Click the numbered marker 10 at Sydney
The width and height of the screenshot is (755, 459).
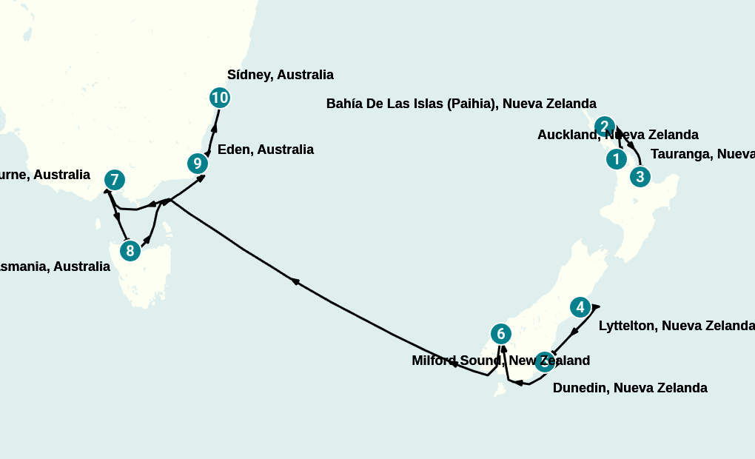tap(219, 97)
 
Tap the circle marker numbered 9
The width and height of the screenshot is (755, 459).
tap(196, 164)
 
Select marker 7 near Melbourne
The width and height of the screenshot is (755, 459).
tap(114, 179)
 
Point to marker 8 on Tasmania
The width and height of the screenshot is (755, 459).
tap(130, 251)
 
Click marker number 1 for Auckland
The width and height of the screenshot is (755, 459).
tap(615, 158)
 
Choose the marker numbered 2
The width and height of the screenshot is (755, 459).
tap(605, 126)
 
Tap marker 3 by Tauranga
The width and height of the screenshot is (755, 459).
tap(640, 177)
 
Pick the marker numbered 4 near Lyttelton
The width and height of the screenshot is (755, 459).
tap(580, 306)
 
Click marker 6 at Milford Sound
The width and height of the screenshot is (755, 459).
tap(501, 334)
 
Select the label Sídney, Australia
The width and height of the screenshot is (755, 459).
tap(280, 75)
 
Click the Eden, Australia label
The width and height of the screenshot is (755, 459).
tap(265, 150)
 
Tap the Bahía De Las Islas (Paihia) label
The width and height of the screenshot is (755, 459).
tap(460, 104)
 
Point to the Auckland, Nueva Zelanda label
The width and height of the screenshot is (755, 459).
tap(617, 135)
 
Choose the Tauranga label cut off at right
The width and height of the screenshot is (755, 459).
tap(702, 154)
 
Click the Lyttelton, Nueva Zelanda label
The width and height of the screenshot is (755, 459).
tap(676, 326)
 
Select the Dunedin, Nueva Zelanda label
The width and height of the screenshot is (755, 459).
tap(629, 388)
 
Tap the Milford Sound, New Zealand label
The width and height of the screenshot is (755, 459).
tap(500, 361)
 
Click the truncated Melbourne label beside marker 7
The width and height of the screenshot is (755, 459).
tap(44, 175)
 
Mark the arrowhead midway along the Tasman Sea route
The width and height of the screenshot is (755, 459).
tap(295, 281)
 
